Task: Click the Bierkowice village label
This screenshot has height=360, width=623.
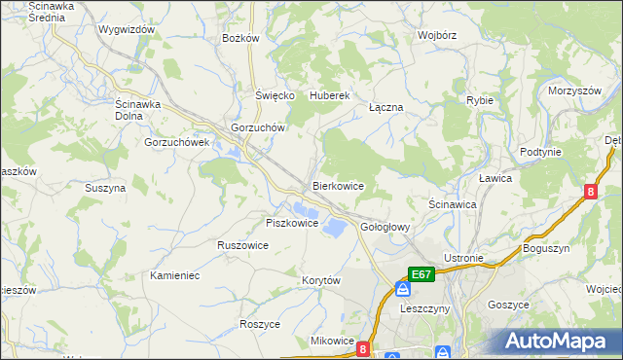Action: point(338,185)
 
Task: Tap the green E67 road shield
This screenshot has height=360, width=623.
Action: point(421,275)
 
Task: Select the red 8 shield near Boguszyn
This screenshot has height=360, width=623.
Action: point(591,192)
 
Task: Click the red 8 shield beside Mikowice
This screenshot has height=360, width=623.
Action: point(363,347)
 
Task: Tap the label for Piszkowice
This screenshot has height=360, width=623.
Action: point(292,223)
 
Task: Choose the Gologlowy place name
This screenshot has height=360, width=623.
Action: point(385,227)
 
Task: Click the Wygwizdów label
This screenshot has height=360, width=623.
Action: point(127,30)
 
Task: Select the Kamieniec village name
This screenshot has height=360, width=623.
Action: point(175,275)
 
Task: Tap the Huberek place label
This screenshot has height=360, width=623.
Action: point(329,95)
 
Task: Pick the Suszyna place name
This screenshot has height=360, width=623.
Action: point(105,188)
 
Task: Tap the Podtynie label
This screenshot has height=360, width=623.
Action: point(540,152)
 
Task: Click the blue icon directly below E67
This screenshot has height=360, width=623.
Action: point(402,290)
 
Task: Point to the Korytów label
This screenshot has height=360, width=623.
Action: point(320,280)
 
